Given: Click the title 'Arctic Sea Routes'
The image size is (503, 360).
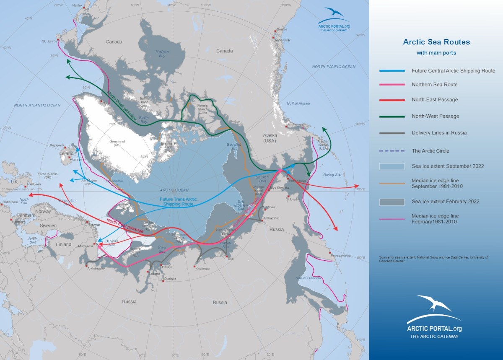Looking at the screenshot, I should [x=436, y=42].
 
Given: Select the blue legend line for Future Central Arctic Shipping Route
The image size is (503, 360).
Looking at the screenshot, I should [x=392, y=71].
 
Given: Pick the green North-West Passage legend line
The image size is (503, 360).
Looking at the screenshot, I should [x=392, y=116].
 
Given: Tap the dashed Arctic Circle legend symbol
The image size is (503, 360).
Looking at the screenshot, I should [x=392, y=151].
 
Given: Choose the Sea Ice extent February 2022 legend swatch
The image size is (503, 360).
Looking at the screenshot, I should [x=392, y=202].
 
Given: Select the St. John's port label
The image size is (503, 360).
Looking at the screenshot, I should [x=49, y=41].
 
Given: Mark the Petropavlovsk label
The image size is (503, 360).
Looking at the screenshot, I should [x=341, y=255].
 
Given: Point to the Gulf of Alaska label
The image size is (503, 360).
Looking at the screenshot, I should [x=298, y=103].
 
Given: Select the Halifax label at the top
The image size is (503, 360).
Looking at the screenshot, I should [x=78, y=5].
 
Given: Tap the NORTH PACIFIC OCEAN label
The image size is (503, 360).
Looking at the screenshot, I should [x=334, y=67].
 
